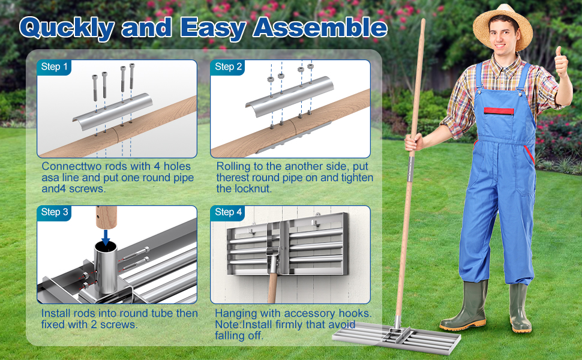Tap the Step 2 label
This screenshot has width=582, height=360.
229,67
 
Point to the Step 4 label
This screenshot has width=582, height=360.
229,212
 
